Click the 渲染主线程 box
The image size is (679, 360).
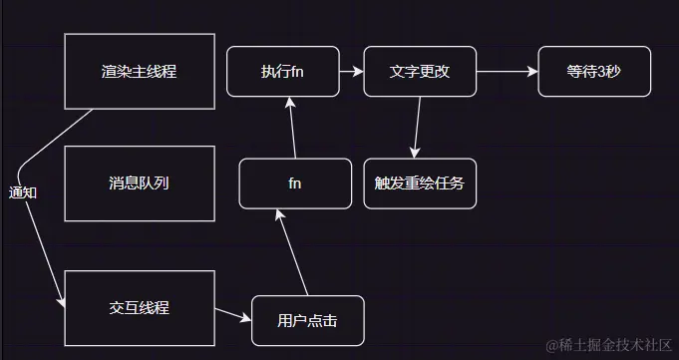139,71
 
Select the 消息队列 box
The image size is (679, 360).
139,183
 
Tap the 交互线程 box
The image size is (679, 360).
139,308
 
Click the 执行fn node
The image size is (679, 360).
282,72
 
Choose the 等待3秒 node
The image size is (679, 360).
594,72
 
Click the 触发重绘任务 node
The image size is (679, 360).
420,183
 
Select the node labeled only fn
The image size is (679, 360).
295,183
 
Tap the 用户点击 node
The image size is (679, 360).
307,321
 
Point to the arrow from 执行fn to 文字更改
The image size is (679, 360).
350,72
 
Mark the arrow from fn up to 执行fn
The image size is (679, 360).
291,128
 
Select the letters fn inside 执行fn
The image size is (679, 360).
296,72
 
